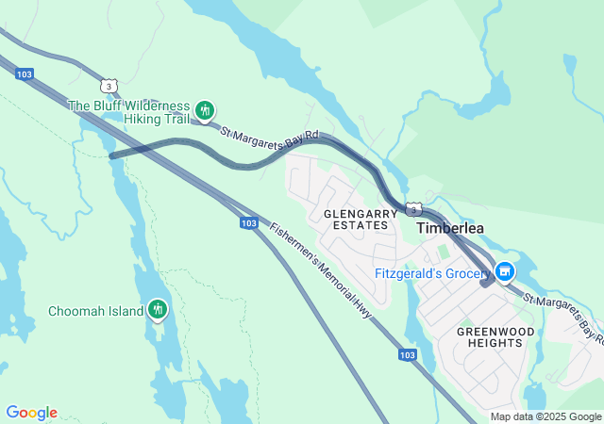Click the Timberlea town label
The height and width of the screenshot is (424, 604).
pyautogui.click(x=450, y=229)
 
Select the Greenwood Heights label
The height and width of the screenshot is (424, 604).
pyautogui.click(x=495, y=337)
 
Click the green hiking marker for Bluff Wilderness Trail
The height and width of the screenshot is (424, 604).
pyautogui.click(x=204, y=112)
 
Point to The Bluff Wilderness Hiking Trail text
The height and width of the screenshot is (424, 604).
pyautogui.click(x=129, y=112)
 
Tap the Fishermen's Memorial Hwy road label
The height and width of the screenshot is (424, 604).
pyautogui.click(x=321, y=269)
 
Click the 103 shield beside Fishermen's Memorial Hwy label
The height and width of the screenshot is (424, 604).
pyautogui.click(x=248, y=223)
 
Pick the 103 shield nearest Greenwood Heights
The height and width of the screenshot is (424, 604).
pyautogui.click(x=407, y=354)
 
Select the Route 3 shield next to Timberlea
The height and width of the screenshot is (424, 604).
pyautogui.click(x=413, y=208)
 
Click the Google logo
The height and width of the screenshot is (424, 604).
pyautogui.click(x=31, y=413)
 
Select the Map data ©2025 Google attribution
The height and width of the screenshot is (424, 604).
pyautogui.click(x=545, y=416)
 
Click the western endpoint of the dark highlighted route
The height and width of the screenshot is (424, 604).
pyautogui.click(x=112, y=155)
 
